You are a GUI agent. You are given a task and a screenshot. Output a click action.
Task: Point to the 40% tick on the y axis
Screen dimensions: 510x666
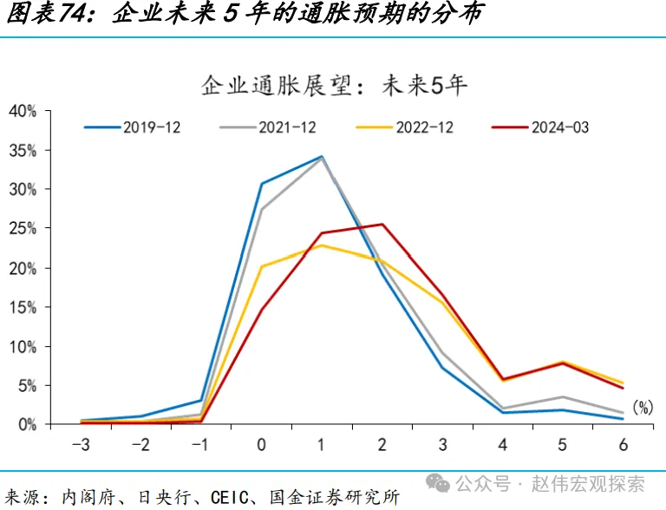click(x=23, y=110)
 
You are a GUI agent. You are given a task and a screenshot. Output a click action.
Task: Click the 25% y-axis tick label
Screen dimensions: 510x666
click(x=23, y=228)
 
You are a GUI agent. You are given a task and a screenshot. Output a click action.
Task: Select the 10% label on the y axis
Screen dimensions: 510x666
click(x=23, y=346)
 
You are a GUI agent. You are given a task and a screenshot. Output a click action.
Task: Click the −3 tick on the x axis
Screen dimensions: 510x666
click(x=81, y=445)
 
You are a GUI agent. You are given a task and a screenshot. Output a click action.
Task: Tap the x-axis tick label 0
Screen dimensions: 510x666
click(x=262, y=445)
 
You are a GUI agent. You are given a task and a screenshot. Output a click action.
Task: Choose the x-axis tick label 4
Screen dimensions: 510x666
click(x=503, y=445)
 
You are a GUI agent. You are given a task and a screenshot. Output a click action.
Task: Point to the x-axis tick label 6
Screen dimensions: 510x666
click(x=623, y=445)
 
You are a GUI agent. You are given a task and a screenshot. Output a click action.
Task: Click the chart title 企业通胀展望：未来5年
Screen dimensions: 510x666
click(x=334, y=85)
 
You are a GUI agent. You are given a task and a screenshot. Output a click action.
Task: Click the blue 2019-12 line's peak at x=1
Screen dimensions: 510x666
click(x=322, y=157)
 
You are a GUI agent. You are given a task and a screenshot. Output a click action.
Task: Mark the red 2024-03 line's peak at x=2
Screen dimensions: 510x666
click(x=382, y=224)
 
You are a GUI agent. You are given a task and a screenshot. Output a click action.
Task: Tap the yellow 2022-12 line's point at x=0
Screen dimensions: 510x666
click(x=262, y=266)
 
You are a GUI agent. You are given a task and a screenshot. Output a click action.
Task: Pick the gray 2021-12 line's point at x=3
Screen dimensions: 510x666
click(x=442, y=353)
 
